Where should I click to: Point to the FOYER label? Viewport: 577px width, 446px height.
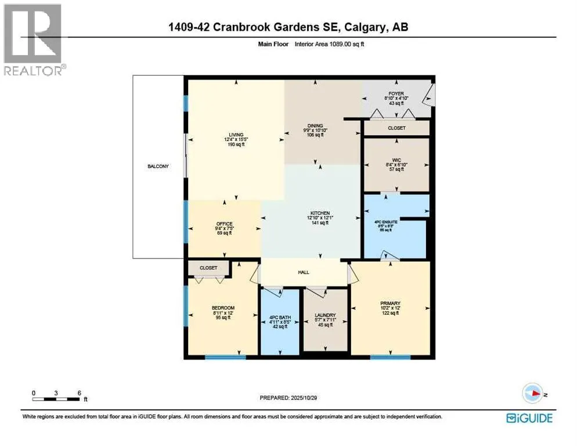(396, 93)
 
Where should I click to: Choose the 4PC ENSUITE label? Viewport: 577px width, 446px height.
(382, 225)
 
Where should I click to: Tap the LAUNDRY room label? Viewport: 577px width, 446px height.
(326, 315)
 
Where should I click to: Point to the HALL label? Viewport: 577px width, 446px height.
(303, 272)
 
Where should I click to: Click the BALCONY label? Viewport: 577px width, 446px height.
(158, 167)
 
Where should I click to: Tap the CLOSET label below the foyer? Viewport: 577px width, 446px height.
(396, 128)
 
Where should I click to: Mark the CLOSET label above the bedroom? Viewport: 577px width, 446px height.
(208, 268)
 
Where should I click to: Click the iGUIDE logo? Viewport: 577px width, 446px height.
(529, 418)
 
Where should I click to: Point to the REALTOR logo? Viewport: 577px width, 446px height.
(33, 39)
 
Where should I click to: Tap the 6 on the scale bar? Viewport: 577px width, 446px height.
(79, 393)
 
